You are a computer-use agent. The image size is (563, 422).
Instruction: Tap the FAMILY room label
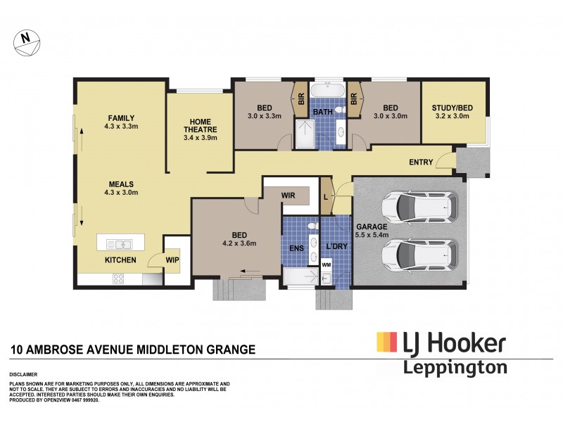click(x=121, y=117)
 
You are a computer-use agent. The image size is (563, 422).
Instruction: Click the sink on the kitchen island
click(x=120, y=244)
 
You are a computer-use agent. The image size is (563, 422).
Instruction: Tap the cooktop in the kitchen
click(x=116, y=279)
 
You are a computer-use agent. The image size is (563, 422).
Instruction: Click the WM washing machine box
click(x=326, y=264)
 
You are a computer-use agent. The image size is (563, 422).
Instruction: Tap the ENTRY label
click(x=421, y=163)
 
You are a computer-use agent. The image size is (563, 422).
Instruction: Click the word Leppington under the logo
click(x=454, y=366)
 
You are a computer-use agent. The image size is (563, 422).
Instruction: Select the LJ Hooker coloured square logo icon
click(x=386, y=343)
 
